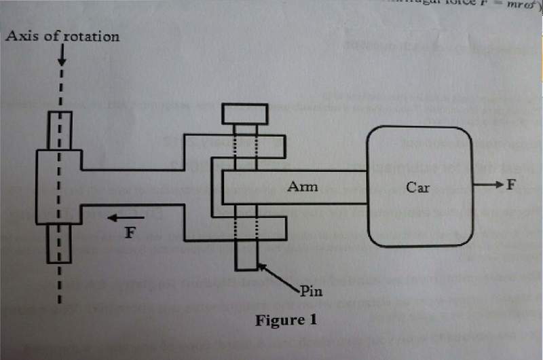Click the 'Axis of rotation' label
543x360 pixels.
(62, 36)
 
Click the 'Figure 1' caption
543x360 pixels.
(285, 320)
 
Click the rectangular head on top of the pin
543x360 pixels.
(245, 113)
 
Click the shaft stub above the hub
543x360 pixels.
(60, 130)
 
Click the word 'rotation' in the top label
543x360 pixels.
(91, 36)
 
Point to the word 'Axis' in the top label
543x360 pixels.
(21, 36)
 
